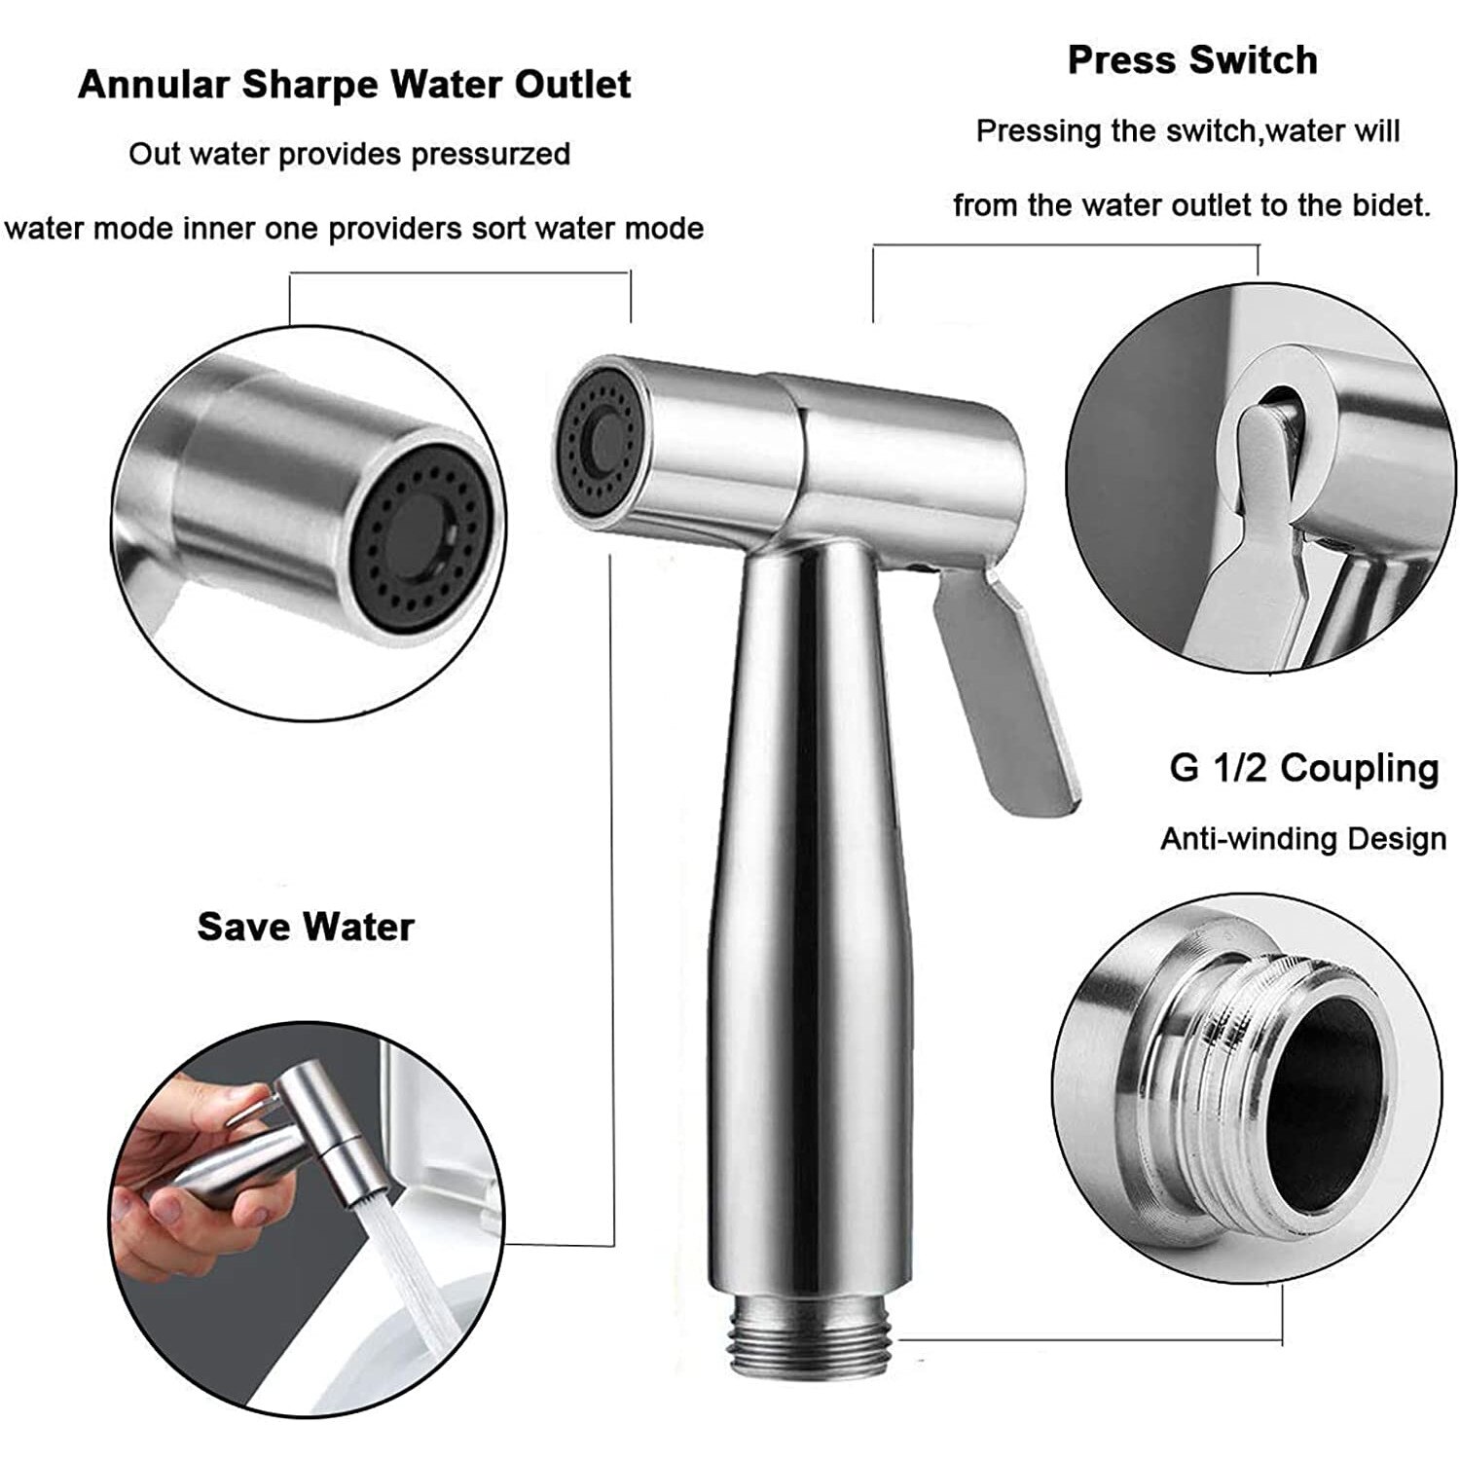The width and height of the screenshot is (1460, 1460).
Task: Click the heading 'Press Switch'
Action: pyautogui.click(x=1192, y=60)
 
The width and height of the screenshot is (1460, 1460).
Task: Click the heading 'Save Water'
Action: pyautogui.click(x=306, y=926)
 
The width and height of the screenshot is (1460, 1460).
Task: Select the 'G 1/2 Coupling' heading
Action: pyautogui.click(x=1304, y=768)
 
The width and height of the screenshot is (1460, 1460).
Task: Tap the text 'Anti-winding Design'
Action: pyautogui.click(x=1303, y=839)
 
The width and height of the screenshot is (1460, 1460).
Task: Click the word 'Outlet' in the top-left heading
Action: pyautogui.click(x=573, y=84)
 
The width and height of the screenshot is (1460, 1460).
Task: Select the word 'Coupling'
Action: pyautogui.click(x=1360, y=769)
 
